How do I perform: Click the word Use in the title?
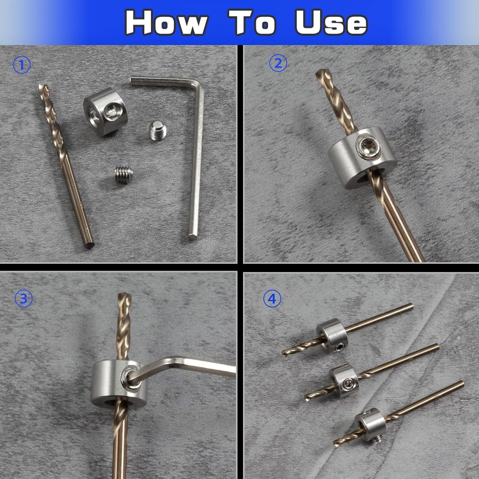point(331,22)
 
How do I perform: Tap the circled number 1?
point(22,65)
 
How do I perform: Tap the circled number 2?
point(278,63)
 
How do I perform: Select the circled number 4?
point(272,299)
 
